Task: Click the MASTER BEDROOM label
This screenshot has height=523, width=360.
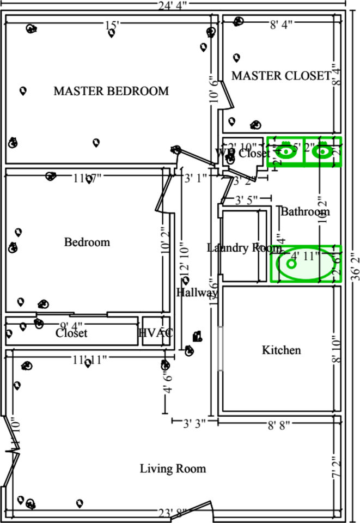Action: [x=111, y=91]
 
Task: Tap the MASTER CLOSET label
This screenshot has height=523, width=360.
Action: [x=280, y=76]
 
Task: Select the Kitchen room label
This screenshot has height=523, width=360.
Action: [x=282, y=350]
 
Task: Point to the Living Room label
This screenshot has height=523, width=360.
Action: [x=173, y=469]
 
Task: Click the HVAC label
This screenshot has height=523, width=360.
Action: [x=156, y=333]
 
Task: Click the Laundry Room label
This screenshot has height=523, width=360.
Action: [x=237, y=248]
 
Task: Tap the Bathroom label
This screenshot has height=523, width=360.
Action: [x=305, y=211]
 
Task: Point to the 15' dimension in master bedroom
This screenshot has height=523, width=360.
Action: [x=112, y=25]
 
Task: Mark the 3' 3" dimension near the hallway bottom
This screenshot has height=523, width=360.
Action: [x=194, y=422]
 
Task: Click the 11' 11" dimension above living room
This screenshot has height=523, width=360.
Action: [x=90, y=359]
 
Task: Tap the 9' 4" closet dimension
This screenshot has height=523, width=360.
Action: [x=72, y=326]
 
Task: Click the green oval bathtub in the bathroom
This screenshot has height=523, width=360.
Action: [x=306, y=264]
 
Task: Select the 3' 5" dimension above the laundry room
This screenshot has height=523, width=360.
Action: [x=246, y=199]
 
